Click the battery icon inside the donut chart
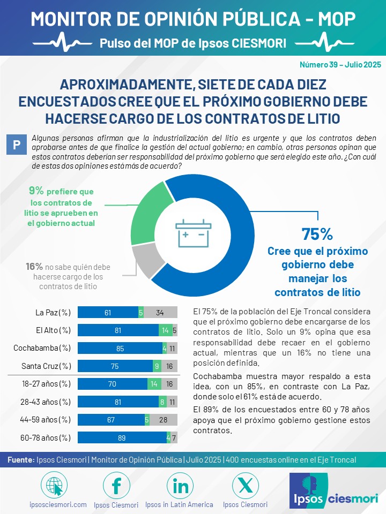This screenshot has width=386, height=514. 194,233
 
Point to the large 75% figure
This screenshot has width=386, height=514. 317,234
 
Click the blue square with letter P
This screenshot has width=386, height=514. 17,145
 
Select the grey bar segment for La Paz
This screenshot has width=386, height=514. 160,312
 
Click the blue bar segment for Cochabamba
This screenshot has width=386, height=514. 120,348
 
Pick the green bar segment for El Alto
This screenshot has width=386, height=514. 166,330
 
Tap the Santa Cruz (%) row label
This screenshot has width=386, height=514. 46,366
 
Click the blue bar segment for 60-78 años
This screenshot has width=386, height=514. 122,437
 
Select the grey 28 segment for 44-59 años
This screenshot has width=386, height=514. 164,420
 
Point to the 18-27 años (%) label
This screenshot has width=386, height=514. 46,383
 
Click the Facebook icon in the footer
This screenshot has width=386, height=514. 116,486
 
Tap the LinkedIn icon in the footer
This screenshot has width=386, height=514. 180,486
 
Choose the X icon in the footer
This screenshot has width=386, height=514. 245,486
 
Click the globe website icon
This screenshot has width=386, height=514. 54,486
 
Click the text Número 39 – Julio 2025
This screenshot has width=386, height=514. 340,65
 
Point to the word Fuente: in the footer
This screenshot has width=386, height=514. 21,460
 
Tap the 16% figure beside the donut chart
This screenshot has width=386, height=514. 34,267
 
